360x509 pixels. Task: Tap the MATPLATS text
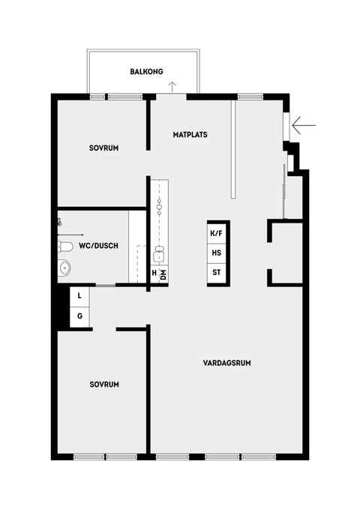190,135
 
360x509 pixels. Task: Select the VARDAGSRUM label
226,363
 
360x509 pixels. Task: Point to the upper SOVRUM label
104,148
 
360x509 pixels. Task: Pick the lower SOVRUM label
104,384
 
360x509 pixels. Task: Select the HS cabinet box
217,253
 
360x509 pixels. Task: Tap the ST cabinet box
217,271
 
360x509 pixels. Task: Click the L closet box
80,297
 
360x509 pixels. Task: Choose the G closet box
80,316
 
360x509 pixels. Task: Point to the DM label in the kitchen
163,274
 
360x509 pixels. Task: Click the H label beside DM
154,274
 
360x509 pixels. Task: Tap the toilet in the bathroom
65,246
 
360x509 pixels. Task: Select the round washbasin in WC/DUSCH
64,266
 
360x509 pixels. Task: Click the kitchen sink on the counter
159,250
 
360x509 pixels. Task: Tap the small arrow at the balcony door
172,85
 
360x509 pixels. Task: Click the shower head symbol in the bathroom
60,221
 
